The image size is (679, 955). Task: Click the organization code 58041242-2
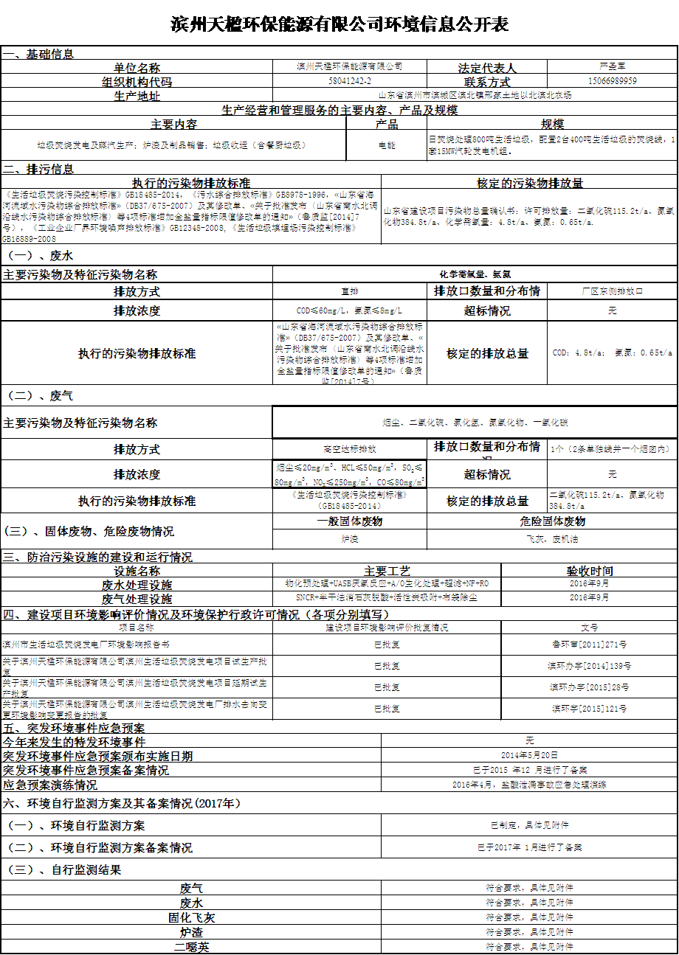[x=349, y=80]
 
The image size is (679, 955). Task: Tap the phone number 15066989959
[x=613, y=80]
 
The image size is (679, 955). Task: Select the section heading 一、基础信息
[x=38, y=54]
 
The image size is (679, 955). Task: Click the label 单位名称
[x=137, y=67]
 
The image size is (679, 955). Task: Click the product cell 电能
[x=387, y=145]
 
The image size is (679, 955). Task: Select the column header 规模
[x=552, y=124]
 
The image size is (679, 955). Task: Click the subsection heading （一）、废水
[x=40, y=256]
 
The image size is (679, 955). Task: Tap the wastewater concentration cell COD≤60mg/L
[x=349, y=310]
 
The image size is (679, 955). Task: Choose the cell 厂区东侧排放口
[x=612, y=291]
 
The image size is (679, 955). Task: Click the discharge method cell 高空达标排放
[x=349, y=448]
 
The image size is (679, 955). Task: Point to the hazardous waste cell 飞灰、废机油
[x=552, y=539]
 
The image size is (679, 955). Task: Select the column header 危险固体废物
[x=552, y=521]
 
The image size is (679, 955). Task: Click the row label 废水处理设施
[x=137, y=584]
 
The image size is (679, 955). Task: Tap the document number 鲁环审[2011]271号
[x=589, y=644]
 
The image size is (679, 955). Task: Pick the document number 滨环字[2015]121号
[x=589, y=709]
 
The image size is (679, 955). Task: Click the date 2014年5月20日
[x=529, y=755]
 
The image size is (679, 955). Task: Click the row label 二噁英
[x=191, y=947]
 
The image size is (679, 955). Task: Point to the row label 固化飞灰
[x=191, y=917]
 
